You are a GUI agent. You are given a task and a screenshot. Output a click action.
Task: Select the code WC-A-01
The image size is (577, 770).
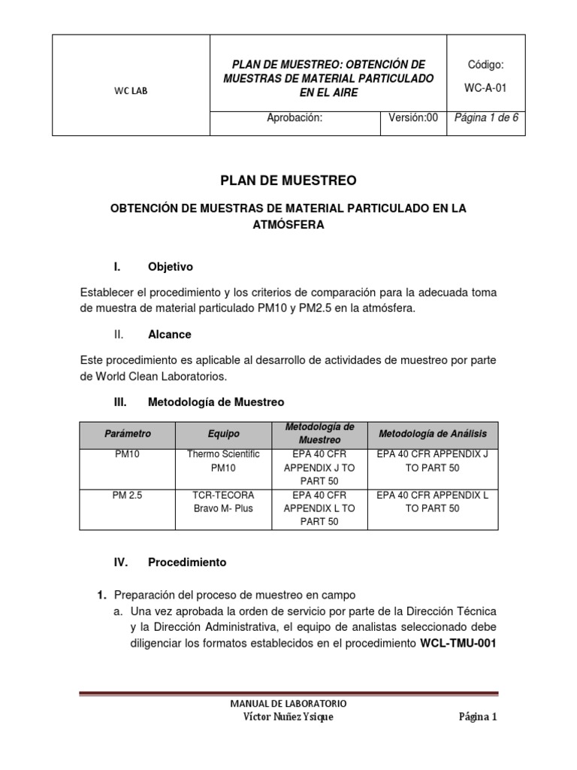(485, 87)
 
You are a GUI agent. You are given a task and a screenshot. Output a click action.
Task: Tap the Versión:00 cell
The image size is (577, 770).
(412, 118)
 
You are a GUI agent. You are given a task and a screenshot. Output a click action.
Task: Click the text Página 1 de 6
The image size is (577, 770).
(486, 118)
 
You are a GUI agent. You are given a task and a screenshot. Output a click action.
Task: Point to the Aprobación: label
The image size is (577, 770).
(295, 118)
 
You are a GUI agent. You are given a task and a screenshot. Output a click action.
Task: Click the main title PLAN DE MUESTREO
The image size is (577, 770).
(288, 180)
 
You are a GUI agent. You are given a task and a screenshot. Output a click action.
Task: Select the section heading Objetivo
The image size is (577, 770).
(171, 267)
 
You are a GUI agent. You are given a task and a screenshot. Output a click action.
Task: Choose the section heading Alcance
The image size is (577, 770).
(170, 334)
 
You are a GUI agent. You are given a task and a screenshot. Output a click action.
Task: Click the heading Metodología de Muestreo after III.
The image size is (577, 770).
(216, 402)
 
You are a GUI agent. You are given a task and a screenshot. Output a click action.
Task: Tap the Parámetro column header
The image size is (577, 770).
(127, 434)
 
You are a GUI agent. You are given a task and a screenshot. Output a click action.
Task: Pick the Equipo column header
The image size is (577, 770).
(222, 434)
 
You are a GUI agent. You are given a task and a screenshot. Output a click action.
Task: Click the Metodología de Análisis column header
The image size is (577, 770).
(433, 434)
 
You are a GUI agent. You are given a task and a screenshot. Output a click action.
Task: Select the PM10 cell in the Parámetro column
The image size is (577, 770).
(127, 454)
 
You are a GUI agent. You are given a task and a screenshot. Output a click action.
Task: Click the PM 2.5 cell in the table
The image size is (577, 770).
(127, 495)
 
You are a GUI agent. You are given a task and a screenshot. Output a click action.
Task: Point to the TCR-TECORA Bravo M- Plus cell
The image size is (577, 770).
(222, 502)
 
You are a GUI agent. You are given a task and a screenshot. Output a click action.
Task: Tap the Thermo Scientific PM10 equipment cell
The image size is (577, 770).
(222, 461)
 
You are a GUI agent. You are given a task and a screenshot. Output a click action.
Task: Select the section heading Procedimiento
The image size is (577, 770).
(187, 562)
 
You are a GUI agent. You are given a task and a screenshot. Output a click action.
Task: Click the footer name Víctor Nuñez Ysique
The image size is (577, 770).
(288, 717)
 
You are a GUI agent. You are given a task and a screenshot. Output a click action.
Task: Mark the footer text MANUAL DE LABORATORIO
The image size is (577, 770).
(288, 703)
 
